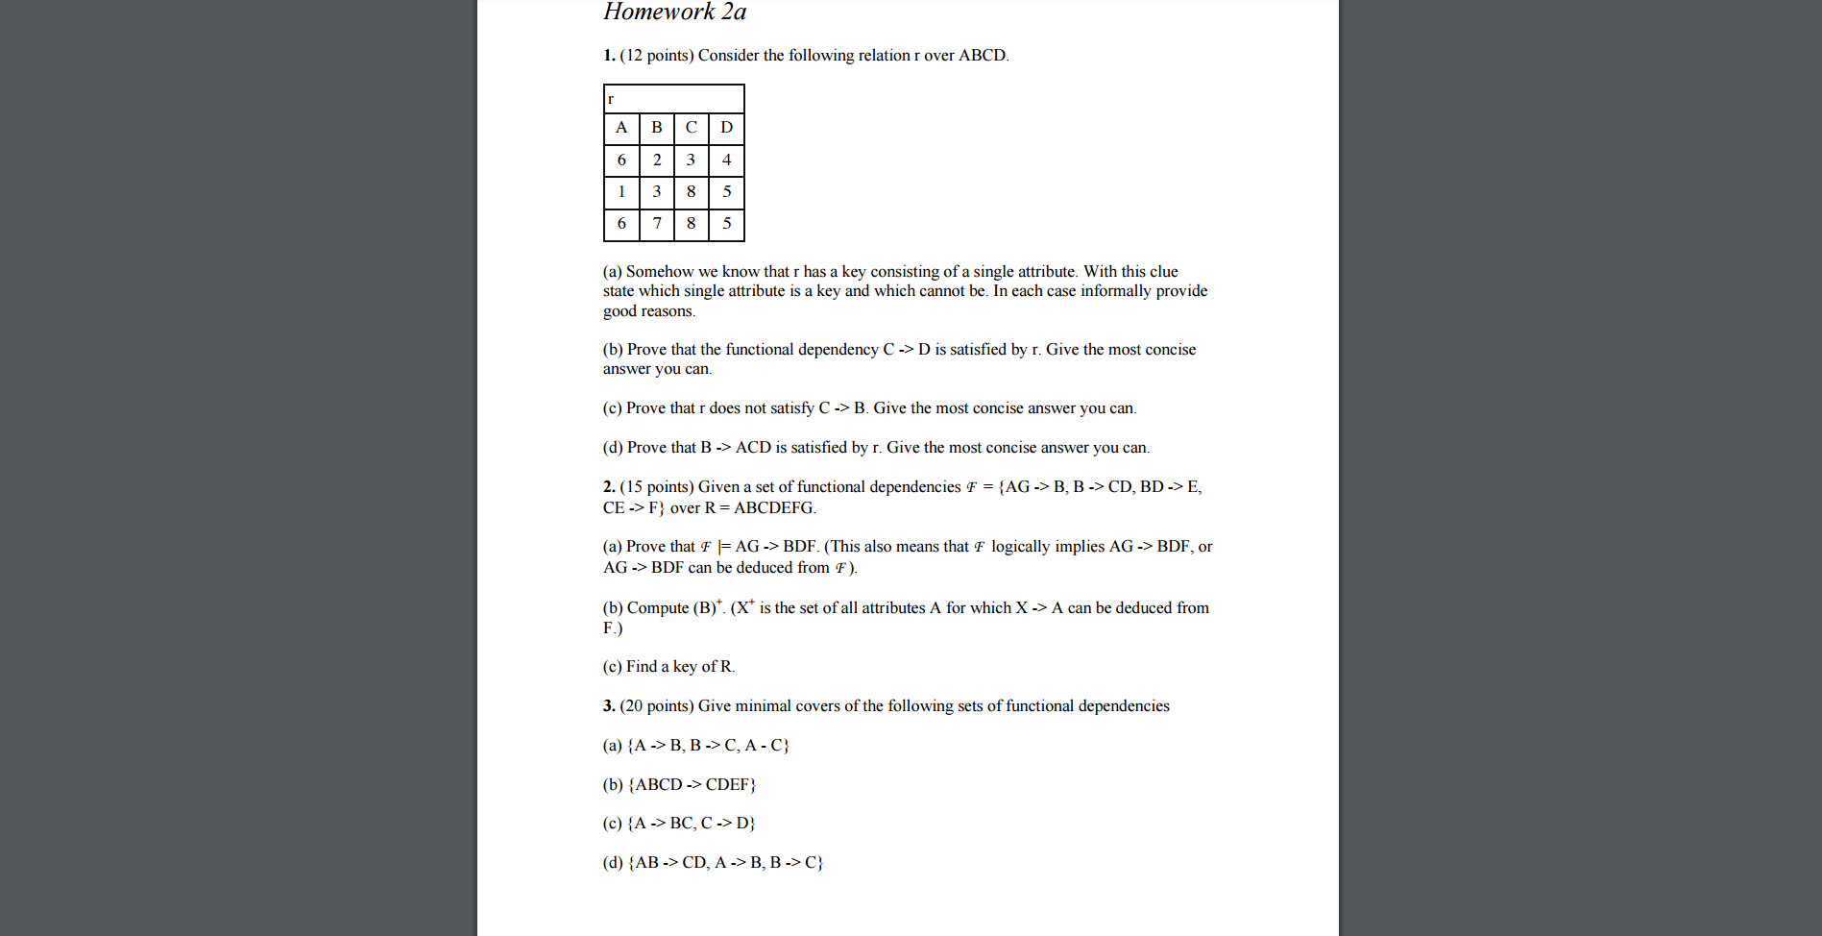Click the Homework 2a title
click(x=674, y=12)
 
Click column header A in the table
click(x=621, y=128)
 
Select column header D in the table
click(x=726, y=128)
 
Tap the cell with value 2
click(x=657, y=160)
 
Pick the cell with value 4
click(x=726, y=160)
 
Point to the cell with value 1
click(x=621, y=191)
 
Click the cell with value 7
click(x=657, y=223)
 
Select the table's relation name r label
click(x=611, y=99)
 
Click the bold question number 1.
click(x=609, y=56)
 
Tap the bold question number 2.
click(x=609, y=487)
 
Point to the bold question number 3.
click(x=609, y=706)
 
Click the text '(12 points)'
click(x=657, y=56)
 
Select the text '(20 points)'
click(x=657, y=706)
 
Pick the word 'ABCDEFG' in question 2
click(x=773, y=508)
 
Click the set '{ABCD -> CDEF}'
click(x=692, y=785)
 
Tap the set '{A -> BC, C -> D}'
click(x=692, y=824)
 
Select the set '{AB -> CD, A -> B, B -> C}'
click(x=725, y=863)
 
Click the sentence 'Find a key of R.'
click(x=680, y=667)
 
